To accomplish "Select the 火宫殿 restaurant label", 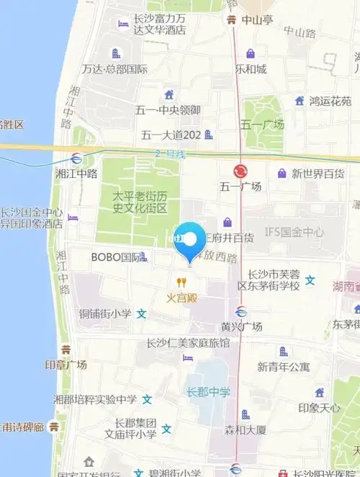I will [x=181, y=297].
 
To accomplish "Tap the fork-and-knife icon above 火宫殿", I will [x=182, y=282].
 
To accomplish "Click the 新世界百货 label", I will [x=318, y=174].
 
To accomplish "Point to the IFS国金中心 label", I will [x=294, y=232].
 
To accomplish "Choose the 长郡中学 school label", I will [x=209, y=392].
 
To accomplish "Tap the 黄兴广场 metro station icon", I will [x=241, y=312].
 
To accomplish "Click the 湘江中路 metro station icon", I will [x=76, y=159].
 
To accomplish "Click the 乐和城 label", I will [x=251, y=69].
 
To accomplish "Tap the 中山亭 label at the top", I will [x=257, y=20].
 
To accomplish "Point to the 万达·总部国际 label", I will [x=114, y=69].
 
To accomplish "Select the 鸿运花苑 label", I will [x=330, y=102].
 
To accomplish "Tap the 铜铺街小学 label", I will [x=105, y=314].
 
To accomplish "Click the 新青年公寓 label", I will [x=284, y=367].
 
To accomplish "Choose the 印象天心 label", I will [x=320, y=408].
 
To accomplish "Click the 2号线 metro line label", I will [x=171, y=153].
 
